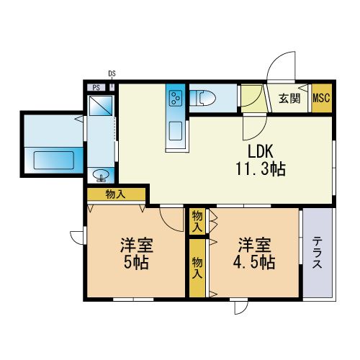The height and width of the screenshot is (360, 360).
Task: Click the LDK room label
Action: pyautogui.click(x=261, y=151)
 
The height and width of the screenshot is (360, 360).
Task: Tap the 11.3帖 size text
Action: pyautogui.click(x=261, y=169)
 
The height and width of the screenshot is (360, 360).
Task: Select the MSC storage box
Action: pyautogui.click(x=322, y=98)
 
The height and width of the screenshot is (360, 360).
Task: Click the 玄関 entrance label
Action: pyautogui.click(x=289, y=98)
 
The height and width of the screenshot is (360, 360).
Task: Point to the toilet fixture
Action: pyautogui.click(x=203, y=98)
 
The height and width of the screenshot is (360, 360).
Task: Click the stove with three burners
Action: pyautogui.click(x=176, y=98)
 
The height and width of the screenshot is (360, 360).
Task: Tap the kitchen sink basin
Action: pyautogui.click(x=176, y=131)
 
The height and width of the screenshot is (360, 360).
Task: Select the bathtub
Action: pyautogui.click(x=53, y=160)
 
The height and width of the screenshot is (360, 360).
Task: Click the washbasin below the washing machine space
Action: pyautogui.click(x=101, y=175)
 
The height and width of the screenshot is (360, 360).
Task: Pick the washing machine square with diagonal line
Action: pyautogui.click(x=101, y=106)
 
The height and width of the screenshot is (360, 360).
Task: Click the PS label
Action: pyautogui.click(x=96, y=88)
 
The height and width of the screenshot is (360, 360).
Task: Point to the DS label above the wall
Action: pyautogui.click(x=112, y=73)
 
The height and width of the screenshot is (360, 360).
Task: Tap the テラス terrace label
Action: pyautogui.click(x=317, y=252)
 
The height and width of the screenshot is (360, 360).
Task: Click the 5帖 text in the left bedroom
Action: pyautogui.click(x=136, y=262)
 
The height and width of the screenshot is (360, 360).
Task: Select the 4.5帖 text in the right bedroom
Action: pyautogui.click(x=254, y=262)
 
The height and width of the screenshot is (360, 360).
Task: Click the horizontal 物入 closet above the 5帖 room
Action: pyautogui.click(x=116, y=194)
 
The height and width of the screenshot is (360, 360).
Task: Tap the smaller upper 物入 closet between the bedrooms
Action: pyautogui.click(x=197, y=221)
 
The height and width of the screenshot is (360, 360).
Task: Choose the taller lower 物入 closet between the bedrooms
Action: pyautogui.click(x=197, y=268)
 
